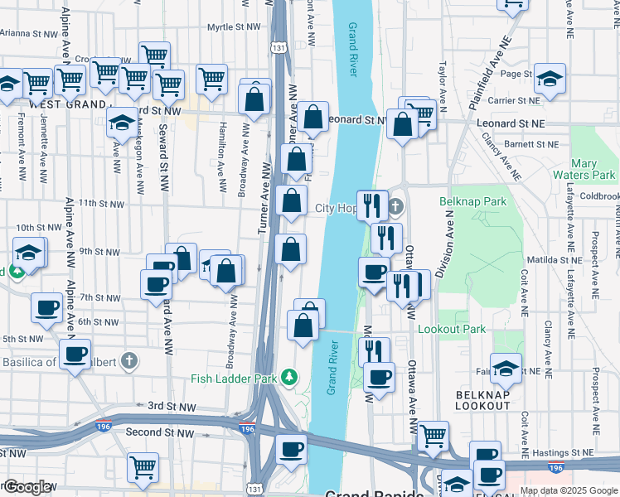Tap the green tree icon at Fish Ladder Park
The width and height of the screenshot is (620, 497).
289,379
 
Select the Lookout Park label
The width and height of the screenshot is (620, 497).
452,329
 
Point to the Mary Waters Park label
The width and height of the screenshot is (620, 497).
593,170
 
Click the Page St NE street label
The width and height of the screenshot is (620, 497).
516,74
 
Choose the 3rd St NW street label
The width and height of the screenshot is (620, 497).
172,407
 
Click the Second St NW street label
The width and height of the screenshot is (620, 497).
160,432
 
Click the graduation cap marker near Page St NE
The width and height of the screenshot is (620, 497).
550,80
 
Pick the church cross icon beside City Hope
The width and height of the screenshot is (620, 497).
395,207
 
